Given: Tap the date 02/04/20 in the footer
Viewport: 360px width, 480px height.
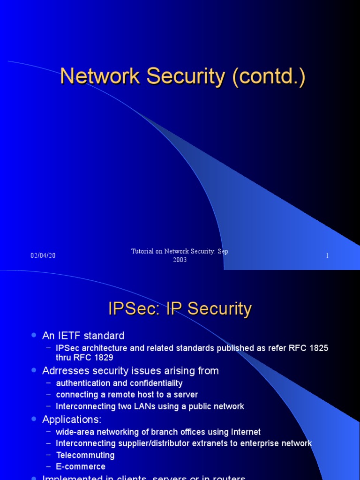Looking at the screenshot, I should (43, 255).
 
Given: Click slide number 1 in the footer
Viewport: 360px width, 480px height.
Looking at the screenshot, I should (327, 255).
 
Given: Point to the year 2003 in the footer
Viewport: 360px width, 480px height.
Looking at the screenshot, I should (180, 260).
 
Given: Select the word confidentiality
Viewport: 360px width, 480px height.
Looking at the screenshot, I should (154, 383).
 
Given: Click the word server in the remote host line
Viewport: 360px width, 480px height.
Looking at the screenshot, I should (185, 395).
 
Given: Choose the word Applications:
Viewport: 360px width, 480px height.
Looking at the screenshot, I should (72, 419).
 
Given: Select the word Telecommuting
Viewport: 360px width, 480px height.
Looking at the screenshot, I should (85, 455).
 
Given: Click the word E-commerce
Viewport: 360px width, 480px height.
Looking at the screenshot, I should (81, 467).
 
